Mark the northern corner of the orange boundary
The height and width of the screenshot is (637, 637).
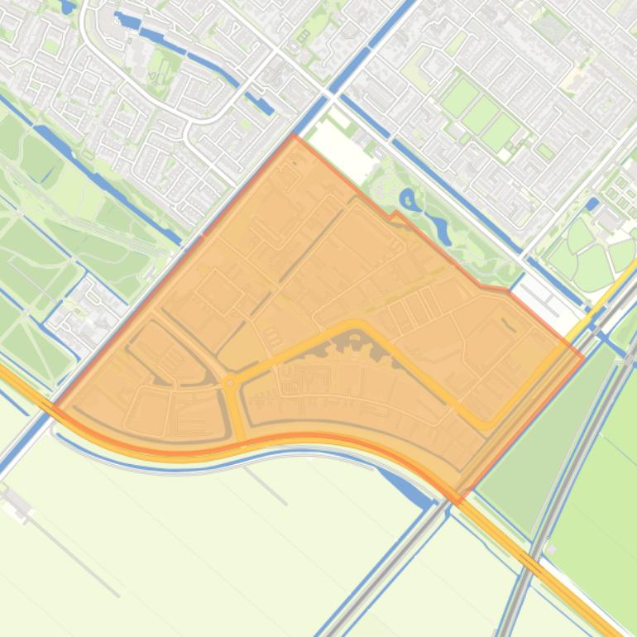[x=294, y=136]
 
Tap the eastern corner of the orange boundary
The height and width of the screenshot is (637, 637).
[x=584, y=357]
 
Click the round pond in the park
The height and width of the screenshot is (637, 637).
[x=408, y=199]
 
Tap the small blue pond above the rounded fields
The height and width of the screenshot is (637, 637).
[x=591, y=203]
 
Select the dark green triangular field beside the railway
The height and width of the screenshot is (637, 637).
[x=529, y=447]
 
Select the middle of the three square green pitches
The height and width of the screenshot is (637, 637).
[x=481, y=115]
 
